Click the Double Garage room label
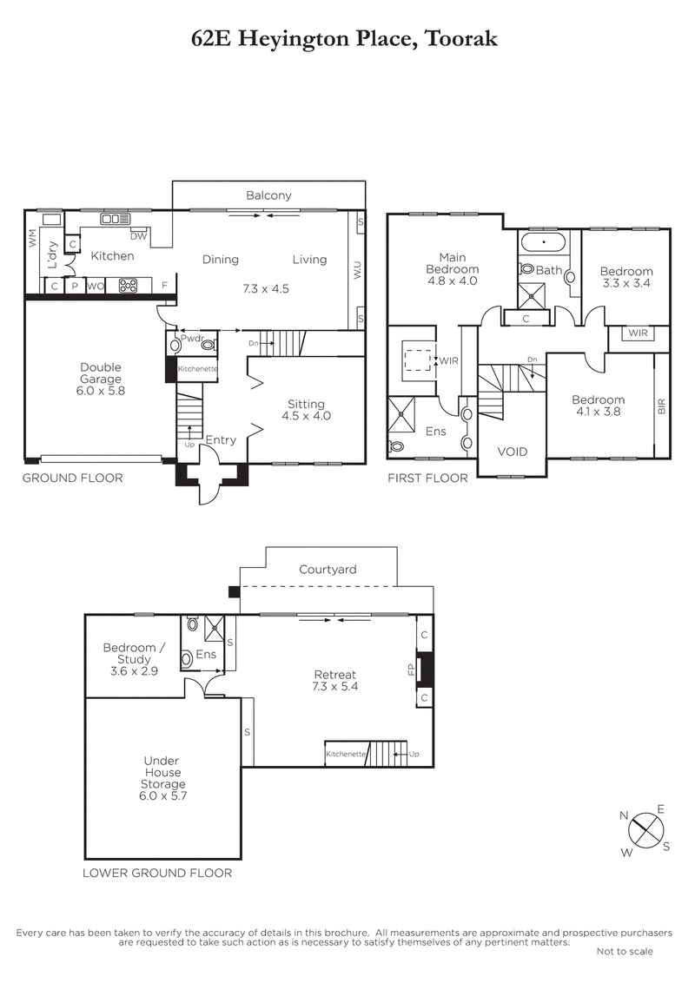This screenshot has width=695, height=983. pos(100,379)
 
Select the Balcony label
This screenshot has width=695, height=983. pos(268,195)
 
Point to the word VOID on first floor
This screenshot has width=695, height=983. pos(513,452)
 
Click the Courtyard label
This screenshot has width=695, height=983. pos(328,570)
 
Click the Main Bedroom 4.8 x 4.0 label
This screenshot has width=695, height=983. pos(452,269)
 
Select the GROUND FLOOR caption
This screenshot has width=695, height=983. pos(72,478)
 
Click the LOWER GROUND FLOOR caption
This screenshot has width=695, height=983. pos(157,873)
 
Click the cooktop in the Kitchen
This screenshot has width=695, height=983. pos(129,285)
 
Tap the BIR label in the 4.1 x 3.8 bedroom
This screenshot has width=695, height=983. pos(661,405)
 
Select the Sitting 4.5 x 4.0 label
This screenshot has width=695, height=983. pos(306,410)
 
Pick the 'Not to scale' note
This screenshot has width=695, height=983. pos(625,952)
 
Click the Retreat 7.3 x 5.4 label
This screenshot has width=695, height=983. pos(334,680)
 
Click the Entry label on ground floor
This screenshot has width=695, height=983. pos(221,440)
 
